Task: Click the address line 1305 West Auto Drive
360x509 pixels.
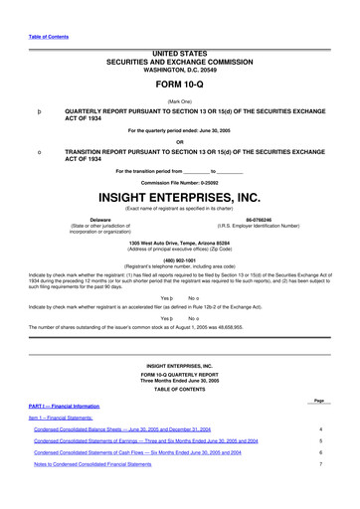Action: [180, 242]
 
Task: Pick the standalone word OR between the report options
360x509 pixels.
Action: [180, 139]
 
